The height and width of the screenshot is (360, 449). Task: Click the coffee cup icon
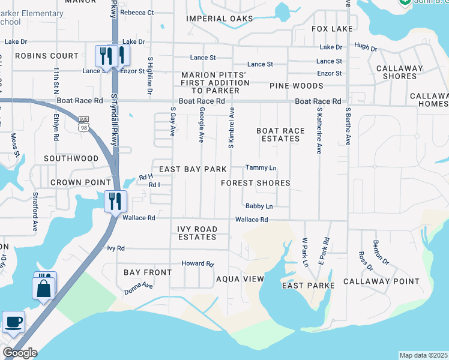[14, 322]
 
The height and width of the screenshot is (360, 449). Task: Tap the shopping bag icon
[44, 287]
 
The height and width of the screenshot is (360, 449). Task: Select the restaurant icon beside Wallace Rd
[114, 201]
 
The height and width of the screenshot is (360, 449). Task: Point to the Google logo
[20, 353]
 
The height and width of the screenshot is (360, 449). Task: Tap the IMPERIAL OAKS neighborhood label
[220, 19]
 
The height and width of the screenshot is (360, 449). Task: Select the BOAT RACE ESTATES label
[278, 134]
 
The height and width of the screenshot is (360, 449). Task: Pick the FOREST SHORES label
[256, 183]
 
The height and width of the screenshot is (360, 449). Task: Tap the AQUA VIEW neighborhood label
[240, 280]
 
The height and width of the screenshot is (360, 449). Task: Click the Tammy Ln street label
[261, 167]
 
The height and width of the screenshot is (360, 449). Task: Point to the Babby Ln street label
[259, 206]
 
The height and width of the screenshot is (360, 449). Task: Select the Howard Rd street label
[197, 263]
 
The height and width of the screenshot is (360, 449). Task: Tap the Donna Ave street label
[139, 287]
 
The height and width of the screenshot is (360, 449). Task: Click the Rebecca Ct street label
[137, 12]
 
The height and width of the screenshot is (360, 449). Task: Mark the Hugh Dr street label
[366, 47]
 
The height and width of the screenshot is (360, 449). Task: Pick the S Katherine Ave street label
[319, 131]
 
